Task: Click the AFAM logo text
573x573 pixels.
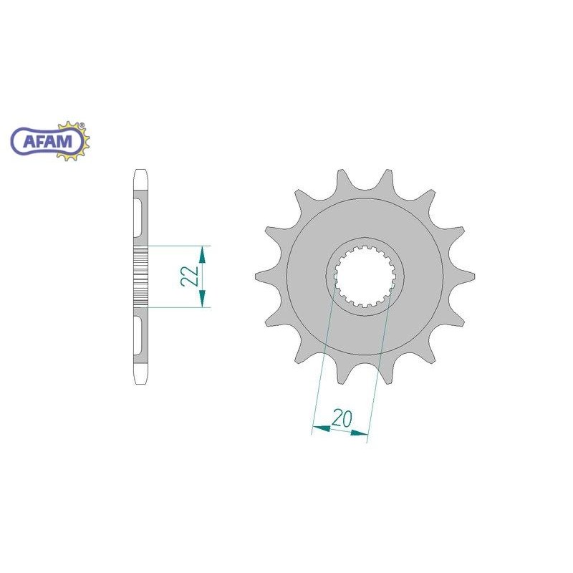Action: pos(48,141)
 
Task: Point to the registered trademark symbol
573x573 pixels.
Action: pos(82,125)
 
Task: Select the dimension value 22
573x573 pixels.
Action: pos(190,276)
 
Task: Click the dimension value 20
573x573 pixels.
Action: pos(342,419)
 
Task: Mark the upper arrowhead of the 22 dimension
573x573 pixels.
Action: pos(202,255)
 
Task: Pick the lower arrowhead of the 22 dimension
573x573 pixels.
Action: pos(202,299)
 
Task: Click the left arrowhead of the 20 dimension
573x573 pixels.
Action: pos(322,428)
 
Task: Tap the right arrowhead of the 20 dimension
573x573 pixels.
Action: pos(359,433)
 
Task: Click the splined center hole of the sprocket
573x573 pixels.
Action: pos(365,276)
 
